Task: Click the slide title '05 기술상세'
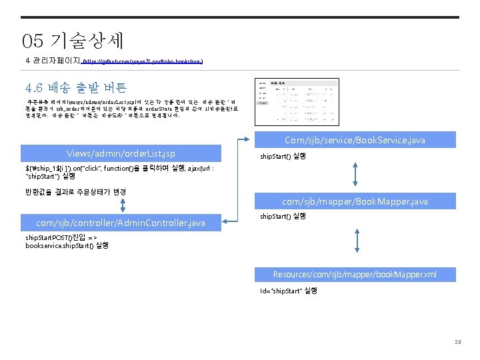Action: [x=73, y=41]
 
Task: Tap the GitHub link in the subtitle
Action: [x=141, y=61]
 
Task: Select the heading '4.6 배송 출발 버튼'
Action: [x=76, y=87]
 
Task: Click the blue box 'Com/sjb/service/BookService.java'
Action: [x=355, y=140]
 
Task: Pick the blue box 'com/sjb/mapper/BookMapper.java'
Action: [x=355, y=201]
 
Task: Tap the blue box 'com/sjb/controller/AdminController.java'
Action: [x=121, y=222]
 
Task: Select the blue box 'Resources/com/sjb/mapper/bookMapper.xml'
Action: [x=355, y=275]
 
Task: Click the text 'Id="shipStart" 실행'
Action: [x=289, y=291]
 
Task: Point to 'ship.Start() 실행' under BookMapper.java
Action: [x=283, y=216]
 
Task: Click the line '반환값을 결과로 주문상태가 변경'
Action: [x=76, y=192]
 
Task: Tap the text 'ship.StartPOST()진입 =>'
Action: [x=61, y=238]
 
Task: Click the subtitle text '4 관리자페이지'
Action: [x=51, y=61]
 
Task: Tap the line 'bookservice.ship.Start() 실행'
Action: [x=67, y=245]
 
